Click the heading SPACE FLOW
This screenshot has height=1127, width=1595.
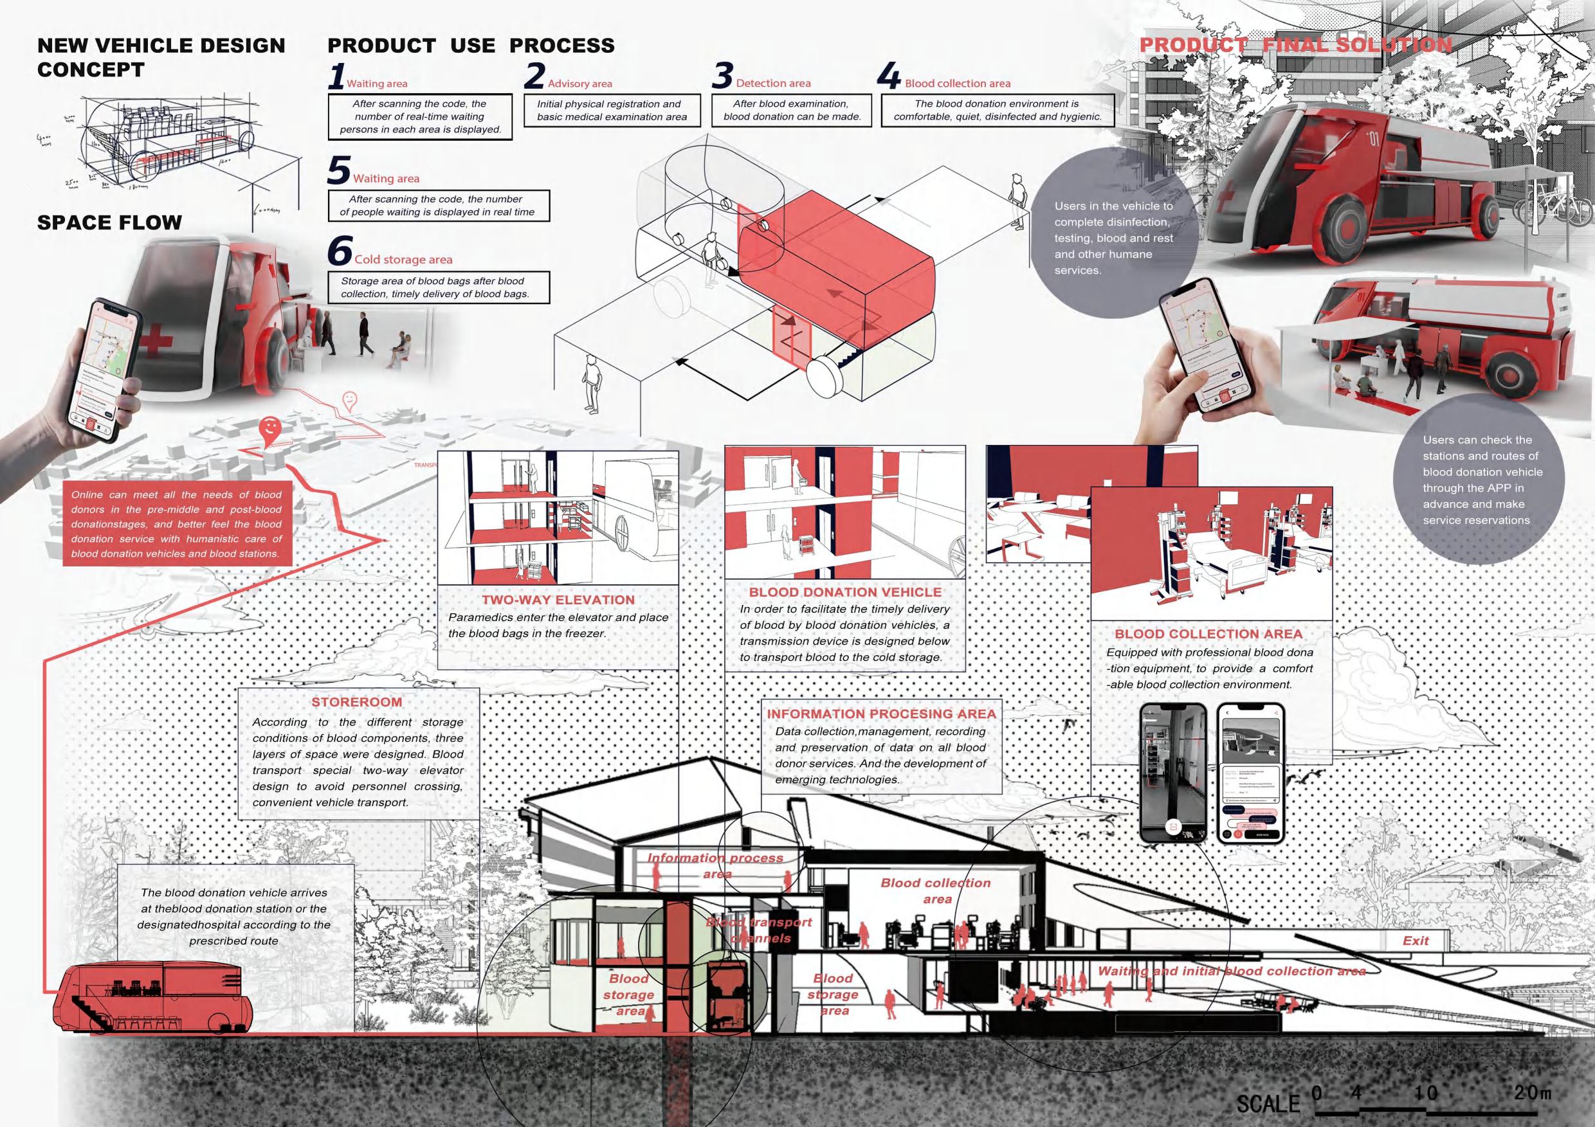[x=109, y=223]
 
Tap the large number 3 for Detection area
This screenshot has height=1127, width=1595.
[x=722, y=77]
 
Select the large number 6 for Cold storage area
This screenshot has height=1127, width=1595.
[x=339, y=252]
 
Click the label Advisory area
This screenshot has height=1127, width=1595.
[x=579, y=84]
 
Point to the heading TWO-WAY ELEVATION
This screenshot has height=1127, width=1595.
[x=558, y=600]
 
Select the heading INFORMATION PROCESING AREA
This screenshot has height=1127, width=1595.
[x=881, y=714]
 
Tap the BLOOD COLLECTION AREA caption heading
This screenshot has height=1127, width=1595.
[x=1208, y=634]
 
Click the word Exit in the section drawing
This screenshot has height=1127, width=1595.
[x=1415, y=941]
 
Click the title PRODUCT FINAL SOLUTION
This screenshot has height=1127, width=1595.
[x=1295, y=45]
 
